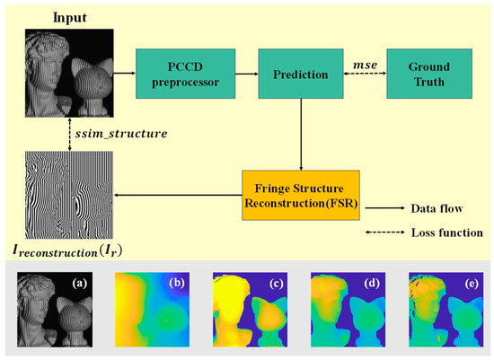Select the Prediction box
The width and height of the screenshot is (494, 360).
(x=302, y=73)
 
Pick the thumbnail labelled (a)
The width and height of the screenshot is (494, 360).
(x=57, y=311)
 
